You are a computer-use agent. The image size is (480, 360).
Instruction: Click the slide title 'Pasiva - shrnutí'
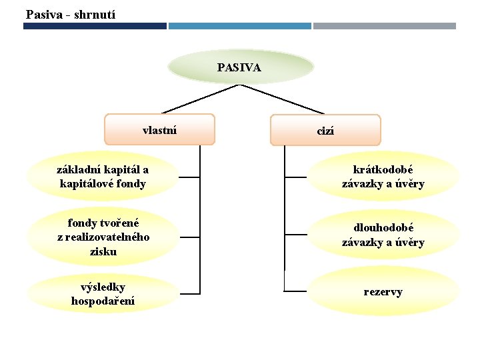click(x=70, y=13)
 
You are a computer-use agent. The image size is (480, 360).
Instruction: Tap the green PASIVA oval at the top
click(x=240, y=67)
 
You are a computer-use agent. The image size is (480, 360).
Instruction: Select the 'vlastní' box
click(x=160, y=129)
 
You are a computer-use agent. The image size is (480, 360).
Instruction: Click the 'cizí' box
click(x=325, y=131)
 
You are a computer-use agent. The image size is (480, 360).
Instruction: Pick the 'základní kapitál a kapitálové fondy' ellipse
click(x=103, y=177)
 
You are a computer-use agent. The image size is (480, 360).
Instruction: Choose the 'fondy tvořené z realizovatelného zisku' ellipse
click(x=103, y=237)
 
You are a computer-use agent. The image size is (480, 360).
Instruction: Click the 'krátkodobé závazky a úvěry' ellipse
click(x=383, y=177)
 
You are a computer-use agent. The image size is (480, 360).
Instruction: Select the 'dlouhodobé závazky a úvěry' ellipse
click(x=383, y=235)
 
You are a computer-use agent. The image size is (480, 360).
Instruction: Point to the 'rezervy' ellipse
click(x=383, y=292)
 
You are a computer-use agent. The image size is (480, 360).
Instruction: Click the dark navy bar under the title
click(x=95, y=26)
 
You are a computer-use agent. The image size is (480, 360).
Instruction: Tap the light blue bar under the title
click(x=239, y=26)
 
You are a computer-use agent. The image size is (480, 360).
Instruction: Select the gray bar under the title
click(x=385, y=26)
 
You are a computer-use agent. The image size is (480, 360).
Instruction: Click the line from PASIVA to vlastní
click(x=200, y=99)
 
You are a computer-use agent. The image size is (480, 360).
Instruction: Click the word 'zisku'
click(x=103, y=251)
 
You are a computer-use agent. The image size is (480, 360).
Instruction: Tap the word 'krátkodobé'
click(x=383, y=170)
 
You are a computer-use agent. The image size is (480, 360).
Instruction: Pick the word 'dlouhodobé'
click(x=383, y=228)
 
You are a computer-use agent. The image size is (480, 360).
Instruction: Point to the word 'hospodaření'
click(x=103, y=301)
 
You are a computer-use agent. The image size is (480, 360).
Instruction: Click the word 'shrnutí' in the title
click(x=95, y=13)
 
